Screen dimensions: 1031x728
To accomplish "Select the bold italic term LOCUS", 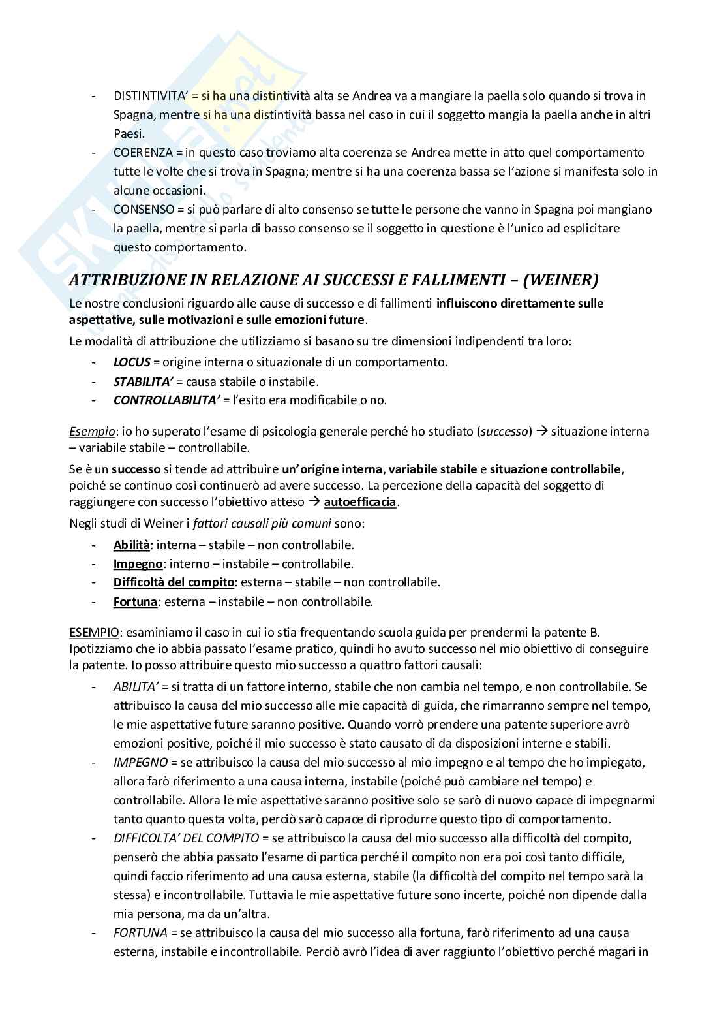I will click(132, 362).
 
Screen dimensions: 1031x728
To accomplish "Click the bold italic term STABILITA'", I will click(143, 381).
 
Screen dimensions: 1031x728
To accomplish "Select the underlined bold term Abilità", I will click(132, 545).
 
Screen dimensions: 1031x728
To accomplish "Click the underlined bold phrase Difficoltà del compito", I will click(174, 582).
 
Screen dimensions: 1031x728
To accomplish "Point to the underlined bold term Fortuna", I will click(135, 601).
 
